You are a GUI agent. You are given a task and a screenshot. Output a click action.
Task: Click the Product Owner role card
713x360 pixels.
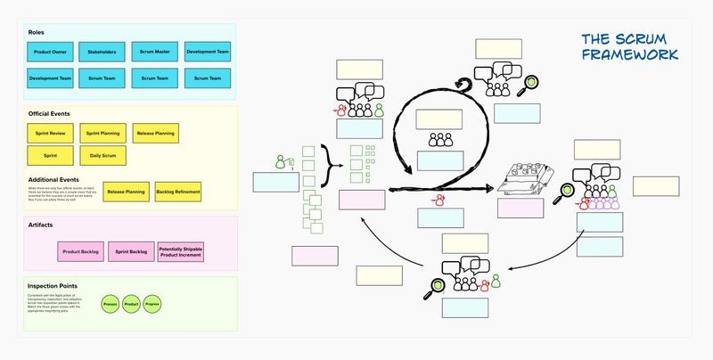(50, 53)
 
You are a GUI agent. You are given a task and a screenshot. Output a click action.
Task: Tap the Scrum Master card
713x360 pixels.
(155, 53)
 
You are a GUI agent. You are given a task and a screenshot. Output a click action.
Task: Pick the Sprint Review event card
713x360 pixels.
(50, 133)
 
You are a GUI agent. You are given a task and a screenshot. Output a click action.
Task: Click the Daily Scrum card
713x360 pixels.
(102, 156)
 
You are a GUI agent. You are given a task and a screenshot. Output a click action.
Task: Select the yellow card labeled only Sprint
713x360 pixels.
(50, 156)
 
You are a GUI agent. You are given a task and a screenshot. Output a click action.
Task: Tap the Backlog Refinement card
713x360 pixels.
(177, 192)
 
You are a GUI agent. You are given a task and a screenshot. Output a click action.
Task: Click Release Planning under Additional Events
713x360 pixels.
(126, 192)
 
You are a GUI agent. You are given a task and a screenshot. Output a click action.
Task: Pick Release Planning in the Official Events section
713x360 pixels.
(155, 133)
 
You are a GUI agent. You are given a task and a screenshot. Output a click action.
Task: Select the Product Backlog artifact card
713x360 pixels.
(81, 251)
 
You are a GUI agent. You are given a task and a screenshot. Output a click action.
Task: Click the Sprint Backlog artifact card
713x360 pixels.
(131, 251)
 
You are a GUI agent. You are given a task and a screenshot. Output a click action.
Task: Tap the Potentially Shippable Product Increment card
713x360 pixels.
(181, 251)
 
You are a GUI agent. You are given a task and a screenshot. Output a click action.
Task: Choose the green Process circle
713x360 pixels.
(111, 304)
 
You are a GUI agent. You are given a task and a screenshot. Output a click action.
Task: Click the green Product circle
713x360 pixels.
(131, 304)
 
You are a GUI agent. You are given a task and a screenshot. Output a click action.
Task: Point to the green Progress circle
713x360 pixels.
(152, 304)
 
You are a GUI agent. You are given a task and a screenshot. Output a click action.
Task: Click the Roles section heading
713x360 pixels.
(37, 32)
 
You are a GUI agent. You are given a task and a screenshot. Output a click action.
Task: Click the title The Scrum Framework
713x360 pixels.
(629, 46)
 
